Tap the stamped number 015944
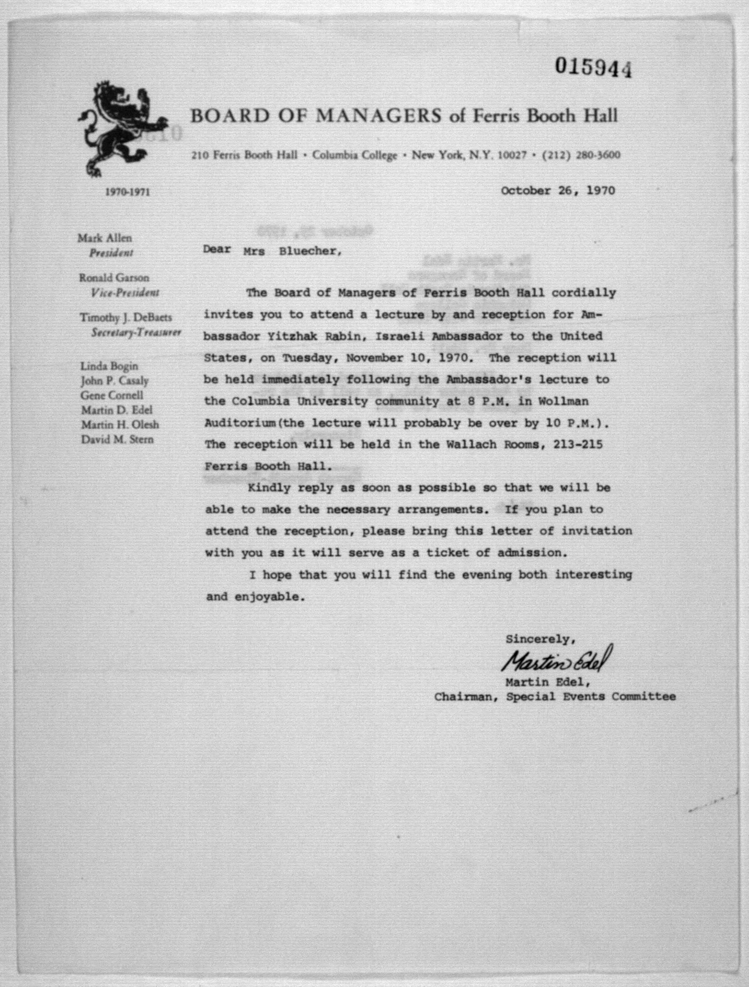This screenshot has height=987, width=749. tap(594, 67)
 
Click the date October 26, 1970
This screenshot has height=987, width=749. tap(558, 191)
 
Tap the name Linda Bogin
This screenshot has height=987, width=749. tap(109, 366)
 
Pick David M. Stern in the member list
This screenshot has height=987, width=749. tap(117, 440)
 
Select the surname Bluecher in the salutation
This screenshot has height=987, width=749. tap(310, 251)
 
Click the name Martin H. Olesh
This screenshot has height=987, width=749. tap(120, 425)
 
